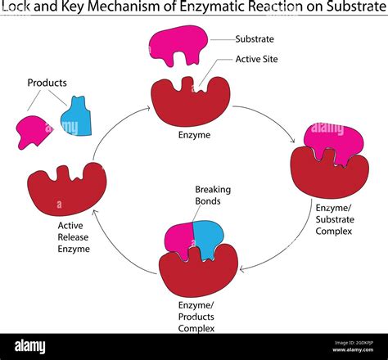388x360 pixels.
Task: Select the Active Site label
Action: [x=255, y=59]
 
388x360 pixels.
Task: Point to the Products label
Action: [x=47, y=83]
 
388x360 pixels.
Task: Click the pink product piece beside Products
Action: [x=34, y=130]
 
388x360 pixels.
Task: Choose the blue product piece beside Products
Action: [x=76, y=116]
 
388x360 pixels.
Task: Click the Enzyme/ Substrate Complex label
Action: [x=333, y=220]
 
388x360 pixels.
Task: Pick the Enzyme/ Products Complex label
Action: [x=198, y=317]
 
